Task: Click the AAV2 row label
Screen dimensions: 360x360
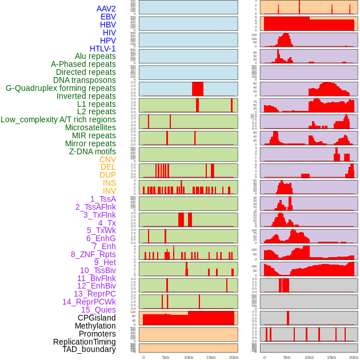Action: [x=106, y=9]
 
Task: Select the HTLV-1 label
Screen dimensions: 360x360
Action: [x=102, y=49]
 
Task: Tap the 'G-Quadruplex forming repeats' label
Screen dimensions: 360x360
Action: [x=61, y=88]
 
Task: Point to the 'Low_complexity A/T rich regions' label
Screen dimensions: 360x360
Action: [x=58, y=119]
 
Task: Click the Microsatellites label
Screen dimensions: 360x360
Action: [x=90, y=127]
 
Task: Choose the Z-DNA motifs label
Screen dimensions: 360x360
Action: [x=92, y=151]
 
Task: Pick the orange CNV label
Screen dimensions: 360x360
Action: [x=107, y=159]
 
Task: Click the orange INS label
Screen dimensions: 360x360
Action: [x=109, y=183]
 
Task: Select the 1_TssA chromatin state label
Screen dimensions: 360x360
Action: [x=103, y=199]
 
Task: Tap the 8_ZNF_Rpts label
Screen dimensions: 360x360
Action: [x=93, y=254]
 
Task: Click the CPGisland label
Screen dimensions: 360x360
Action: [x=97, y=318]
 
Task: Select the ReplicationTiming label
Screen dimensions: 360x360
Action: [x=84, y=342]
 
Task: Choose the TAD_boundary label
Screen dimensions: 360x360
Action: [x=89, y=349]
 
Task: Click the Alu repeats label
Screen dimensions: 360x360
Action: [x=95, y=56]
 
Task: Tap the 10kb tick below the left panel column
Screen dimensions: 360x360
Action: [x=188, y=357]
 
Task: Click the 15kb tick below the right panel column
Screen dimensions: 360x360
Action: [x=331, y=357]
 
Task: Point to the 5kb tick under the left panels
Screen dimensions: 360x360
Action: [x=166, y=357]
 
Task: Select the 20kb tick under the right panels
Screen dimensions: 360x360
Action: [x=354, y=357]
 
